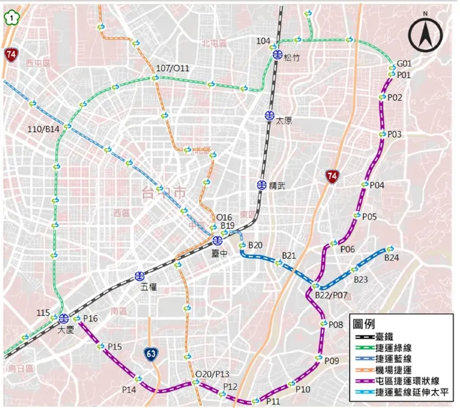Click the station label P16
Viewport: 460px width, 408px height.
[91, 318]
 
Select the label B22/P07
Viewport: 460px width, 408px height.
[332, 295]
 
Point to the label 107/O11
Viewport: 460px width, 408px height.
[172, 68]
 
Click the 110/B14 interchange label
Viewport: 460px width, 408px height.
[44, 129]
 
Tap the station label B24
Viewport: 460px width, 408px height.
[392, 258]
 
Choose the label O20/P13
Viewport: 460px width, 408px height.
[212, 374]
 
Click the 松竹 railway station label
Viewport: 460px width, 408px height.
[293, 56]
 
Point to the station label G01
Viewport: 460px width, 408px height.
[405, 63]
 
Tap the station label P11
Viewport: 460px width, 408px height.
[273, 401]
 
